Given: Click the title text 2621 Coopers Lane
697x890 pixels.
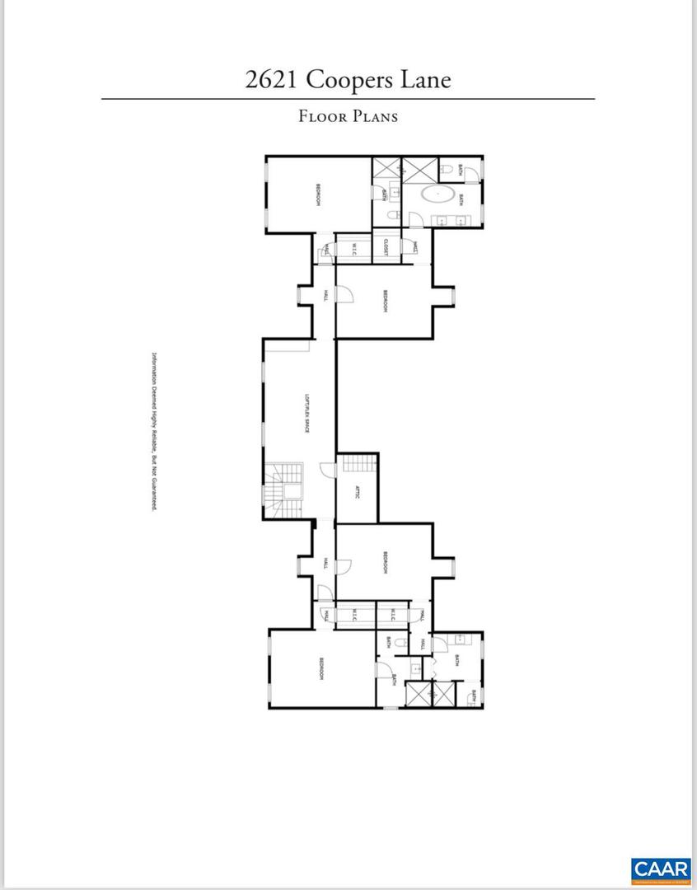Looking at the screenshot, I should click(x=348, y=80).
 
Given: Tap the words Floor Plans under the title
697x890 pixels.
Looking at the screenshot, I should click(x=348, y=116).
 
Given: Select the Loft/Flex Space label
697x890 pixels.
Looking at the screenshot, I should click(x=306, y=413).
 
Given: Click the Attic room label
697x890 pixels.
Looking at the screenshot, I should click(x=358, y=493).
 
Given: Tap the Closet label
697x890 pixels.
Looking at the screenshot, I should click(x=386, y=247).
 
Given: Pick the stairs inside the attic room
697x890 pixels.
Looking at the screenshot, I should click(x=357, y=462).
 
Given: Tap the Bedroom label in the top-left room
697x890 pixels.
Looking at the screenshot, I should click(x=317, y=194).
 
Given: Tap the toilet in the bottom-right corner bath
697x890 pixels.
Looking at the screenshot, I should click(x=472, y=698).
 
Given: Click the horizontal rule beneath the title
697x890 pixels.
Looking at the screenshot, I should click(x=348, y=99).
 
